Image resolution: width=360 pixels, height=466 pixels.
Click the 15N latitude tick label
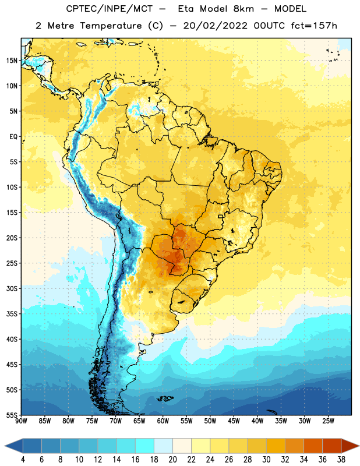pos(12,61)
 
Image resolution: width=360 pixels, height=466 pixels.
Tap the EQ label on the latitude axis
pos(13,137)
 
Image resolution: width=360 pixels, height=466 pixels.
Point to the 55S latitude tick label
pos(12,415)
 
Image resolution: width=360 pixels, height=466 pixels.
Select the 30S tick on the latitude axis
pos(12,288)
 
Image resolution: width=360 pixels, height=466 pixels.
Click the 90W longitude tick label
pos(21,421)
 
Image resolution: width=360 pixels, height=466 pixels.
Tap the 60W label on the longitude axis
pos(163,421)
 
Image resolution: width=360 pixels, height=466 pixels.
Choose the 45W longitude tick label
pos(234,421)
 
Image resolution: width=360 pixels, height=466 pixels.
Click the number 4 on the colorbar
pos(23,460)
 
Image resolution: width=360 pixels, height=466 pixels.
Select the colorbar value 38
pos(341,460)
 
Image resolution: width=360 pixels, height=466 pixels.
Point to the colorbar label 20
pos(172,460)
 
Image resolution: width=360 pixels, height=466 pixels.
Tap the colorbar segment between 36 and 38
pos(332,446)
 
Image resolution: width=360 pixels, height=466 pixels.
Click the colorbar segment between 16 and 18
pos(144,446)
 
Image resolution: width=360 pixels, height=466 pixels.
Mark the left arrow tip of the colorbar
pos(5,446)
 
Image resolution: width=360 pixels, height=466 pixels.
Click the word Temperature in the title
pos(111,26)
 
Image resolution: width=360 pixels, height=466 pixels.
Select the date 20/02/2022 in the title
pos(215,26)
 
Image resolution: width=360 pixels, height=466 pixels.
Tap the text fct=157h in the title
pos(314,26)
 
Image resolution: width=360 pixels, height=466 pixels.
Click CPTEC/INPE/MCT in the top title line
pos(109,9)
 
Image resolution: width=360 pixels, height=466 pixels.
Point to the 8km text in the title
pos(243,9)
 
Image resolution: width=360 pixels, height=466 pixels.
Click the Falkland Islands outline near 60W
pos(165,398)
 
